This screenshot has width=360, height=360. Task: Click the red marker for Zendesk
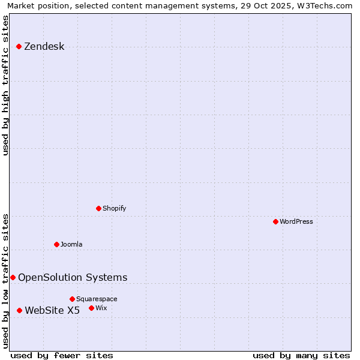coord(19,46)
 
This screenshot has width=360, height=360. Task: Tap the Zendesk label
coord(44,47)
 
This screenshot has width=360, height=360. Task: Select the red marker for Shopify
coord(99,208)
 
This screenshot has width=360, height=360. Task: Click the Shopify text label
coord(114,209)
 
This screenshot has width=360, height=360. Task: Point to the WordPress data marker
coord(276,221)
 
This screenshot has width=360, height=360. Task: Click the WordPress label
coord(296,222)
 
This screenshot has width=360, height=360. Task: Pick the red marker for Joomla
coord(57,244)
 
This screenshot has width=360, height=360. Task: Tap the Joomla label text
coord(71,245)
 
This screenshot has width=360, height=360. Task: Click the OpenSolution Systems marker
coord(13,277)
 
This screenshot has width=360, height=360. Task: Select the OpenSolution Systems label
coord(73,277)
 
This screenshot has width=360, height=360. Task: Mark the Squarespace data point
coord(73,299)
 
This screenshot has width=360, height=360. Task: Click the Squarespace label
coord(97,299)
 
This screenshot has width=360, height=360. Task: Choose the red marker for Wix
coord(92,308)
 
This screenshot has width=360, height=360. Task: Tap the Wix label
coord(101,308)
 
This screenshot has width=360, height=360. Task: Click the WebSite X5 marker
coord(20,310)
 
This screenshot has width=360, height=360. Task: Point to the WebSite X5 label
coord(52,310)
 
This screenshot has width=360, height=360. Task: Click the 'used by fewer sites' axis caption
coord(62,355)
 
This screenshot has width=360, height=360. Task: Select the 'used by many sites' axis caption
coord(301,355)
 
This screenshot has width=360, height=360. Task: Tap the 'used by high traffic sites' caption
coord(6,85)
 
